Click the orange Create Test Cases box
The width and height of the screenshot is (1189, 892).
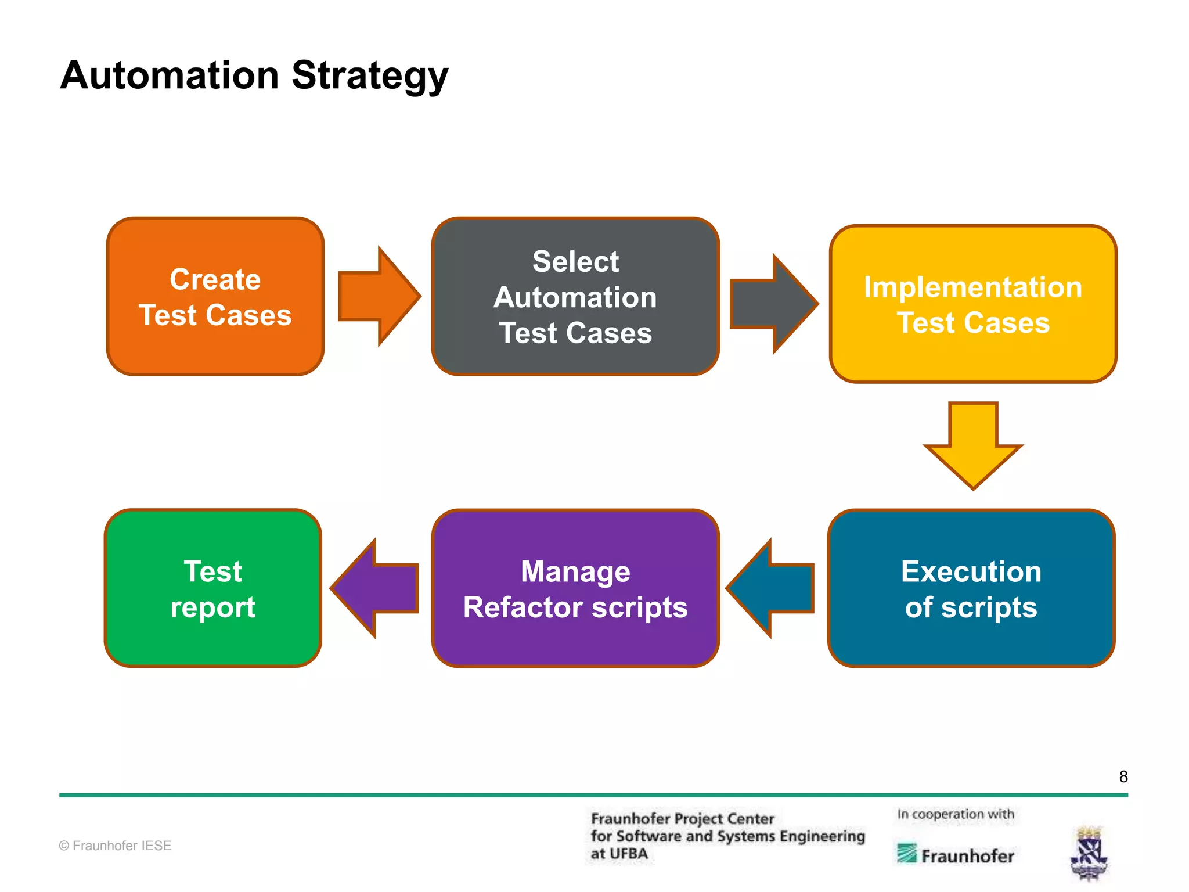(215, 297)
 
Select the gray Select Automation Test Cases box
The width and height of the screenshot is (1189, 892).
(575, 297)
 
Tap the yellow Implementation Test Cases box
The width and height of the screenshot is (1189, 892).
(973, 304)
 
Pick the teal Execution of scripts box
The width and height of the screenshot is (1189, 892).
(971, 588)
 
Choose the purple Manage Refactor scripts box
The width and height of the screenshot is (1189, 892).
(575, 588)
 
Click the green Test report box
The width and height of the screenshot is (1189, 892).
(213, 588)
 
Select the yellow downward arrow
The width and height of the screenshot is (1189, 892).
(973, 445)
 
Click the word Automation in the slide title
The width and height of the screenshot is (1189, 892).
(170, 75)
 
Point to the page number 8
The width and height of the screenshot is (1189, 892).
(1123, 776)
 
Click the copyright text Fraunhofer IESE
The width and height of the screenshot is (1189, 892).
(116, 846)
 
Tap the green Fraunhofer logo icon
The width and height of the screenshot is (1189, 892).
(906, 853)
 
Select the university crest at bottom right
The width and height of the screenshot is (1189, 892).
(1089, 853)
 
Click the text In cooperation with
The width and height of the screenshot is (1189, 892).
(956, 814)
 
